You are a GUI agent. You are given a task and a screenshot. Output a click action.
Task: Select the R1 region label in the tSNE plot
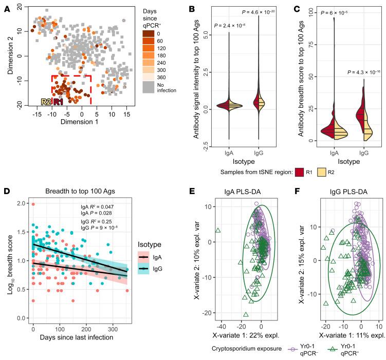coord(56,102)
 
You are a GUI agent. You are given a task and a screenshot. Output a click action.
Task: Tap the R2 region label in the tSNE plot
coord(45,102)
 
